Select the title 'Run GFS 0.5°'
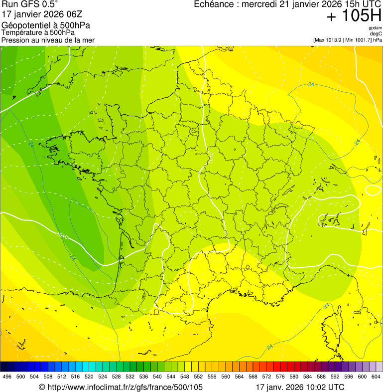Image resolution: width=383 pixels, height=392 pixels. pyautogui.click(x=30, y=5)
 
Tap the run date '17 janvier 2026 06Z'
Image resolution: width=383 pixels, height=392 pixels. pyautogui.click(x=38, y=14)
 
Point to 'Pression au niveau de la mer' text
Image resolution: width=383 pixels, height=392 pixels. pyautogui.click(x=48, y=40)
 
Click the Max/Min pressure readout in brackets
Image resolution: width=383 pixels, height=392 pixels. pyautogui.click(x=347, y=40)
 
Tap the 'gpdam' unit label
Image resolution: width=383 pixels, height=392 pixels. pyautogui.click(x=375, y=27)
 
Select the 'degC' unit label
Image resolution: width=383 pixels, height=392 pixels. pyautogui.click(x=376, y=33)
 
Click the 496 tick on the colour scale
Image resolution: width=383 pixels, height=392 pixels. pyautogui.click(x=7, y=377)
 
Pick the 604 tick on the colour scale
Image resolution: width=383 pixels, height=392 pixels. pyautogui.click(x=376, y=377)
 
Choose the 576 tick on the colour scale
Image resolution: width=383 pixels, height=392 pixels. pyautogui.click(x=280, y=377)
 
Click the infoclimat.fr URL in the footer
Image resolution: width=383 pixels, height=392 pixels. pyautogui.click(x=121, y=387)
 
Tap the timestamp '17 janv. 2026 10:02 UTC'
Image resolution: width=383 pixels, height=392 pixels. pyautogui.click(x=300, y=387)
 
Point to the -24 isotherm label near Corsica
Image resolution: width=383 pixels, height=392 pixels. pyautogui.click(x=326, y=305)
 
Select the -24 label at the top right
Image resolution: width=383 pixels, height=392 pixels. pyautogui.click(x=311, y=84)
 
